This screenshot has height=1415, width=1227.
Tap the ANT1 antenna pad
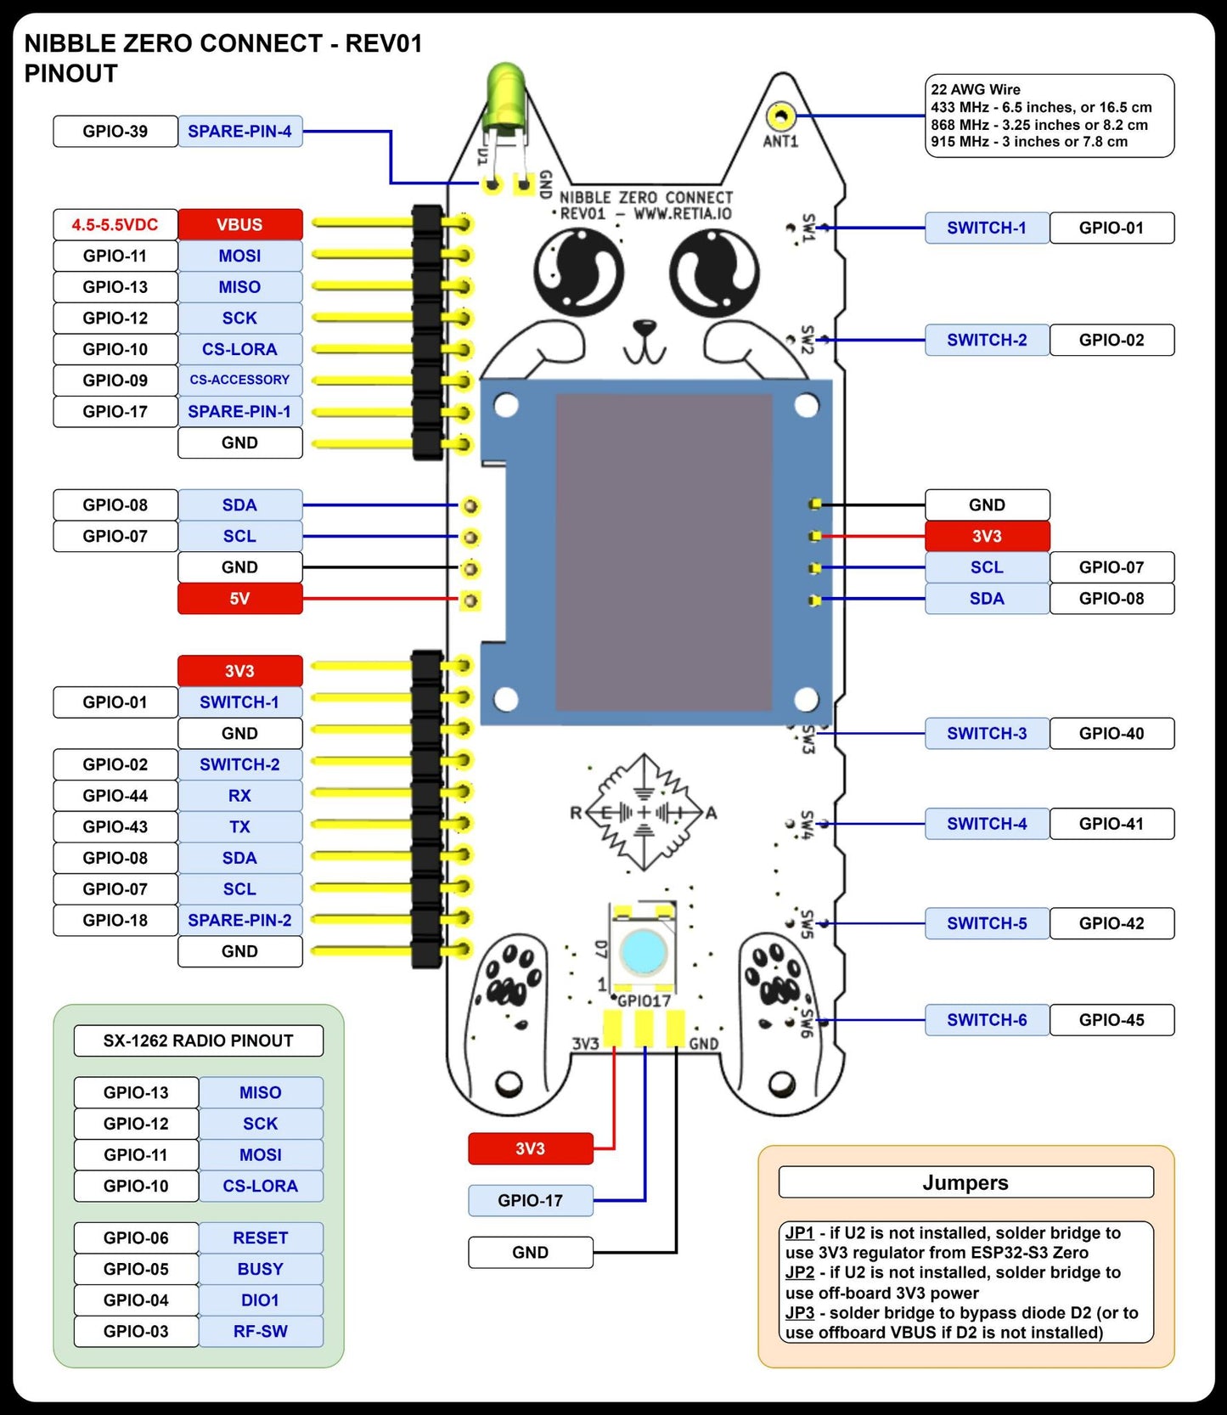[780, 116]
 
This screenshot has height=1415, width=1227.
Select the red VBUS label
[239, 225]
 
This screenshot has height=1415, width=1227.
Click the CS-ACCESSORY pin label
[239, 381]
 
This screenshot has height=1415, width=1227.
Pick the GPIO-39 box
[115, 132]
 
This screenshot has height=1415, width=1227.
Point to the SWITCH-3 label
[987, 734]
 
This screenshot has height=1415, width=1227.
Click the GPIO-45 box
[1112, 1020]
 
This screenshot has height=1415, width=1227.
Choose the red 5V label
[239, 599]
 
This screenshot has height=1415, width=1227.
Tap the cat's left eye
[578, 273]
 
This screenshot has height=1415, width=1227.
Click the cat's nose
[644, 326]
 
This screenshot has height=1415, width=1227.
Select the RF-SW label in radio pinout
[261, 1332]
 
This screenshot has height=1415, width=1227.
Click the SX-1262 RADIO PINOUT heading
[198, 1041]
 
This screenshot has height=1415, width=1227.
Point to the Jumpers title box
[965, 1183]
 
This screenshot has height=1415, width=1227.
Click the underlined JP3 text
[799, 1313]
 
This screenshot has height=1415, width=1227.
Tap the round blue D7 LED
[644, 950]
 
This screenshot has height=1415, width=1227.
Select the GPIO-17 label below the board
[530, 1201]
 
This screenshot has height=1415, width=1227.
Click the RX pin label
[239, 796]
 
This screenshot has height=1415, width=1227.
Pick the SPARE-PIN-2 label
[239, 921]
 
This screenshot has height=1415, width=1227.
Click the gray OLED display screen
[663, 552]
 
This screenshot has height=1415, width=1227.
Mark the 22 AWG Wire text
[976, 90]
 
